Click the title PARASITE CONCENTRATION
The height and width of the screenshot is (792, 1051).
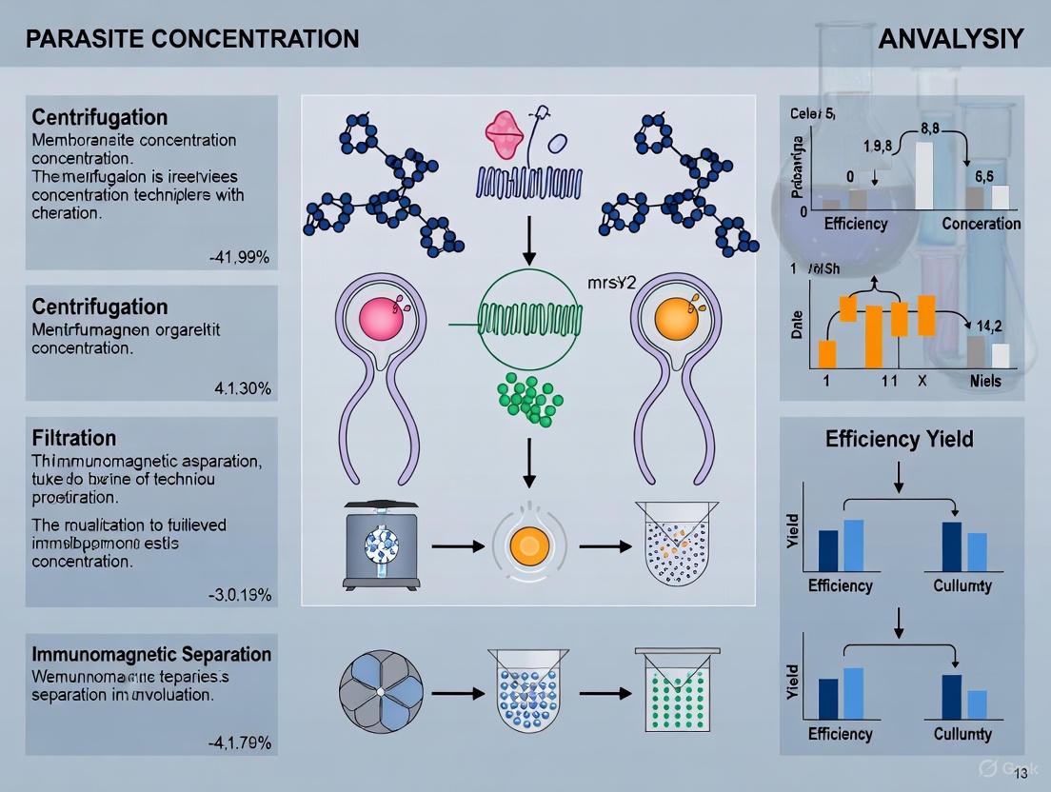192,39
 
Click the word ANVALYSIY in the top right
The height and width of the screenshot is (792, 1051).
950,39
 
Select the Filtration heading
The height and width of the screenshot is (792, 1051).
74,438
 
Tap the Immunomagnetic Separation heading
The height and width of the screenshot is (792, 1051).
151,654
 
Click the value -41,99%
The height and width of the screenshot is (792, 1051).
240,257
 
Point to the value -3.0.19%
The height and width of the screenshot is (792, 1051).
240,596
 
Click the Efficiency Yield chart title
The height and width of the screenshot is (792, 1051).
900,440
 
